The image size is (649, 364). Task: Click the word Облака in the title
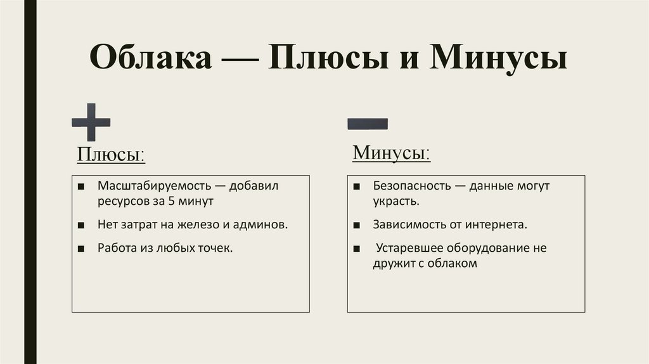tap(151, 59)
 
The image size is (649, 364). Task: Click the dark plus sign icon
tap(91, 122)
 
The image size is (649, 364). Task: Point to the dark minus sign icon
tap(368, 123)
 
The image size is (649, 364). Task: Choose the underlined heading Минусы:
tap(392, 153)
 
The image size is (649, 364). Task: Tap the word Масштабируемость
tap(148, 187)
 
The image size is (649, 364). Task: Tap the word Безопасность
tap(411, 187)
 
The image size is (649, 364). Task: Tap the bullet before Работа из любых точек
tap(82, 248)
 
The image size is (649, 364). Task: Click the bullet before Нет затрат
tap(82, 225)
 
